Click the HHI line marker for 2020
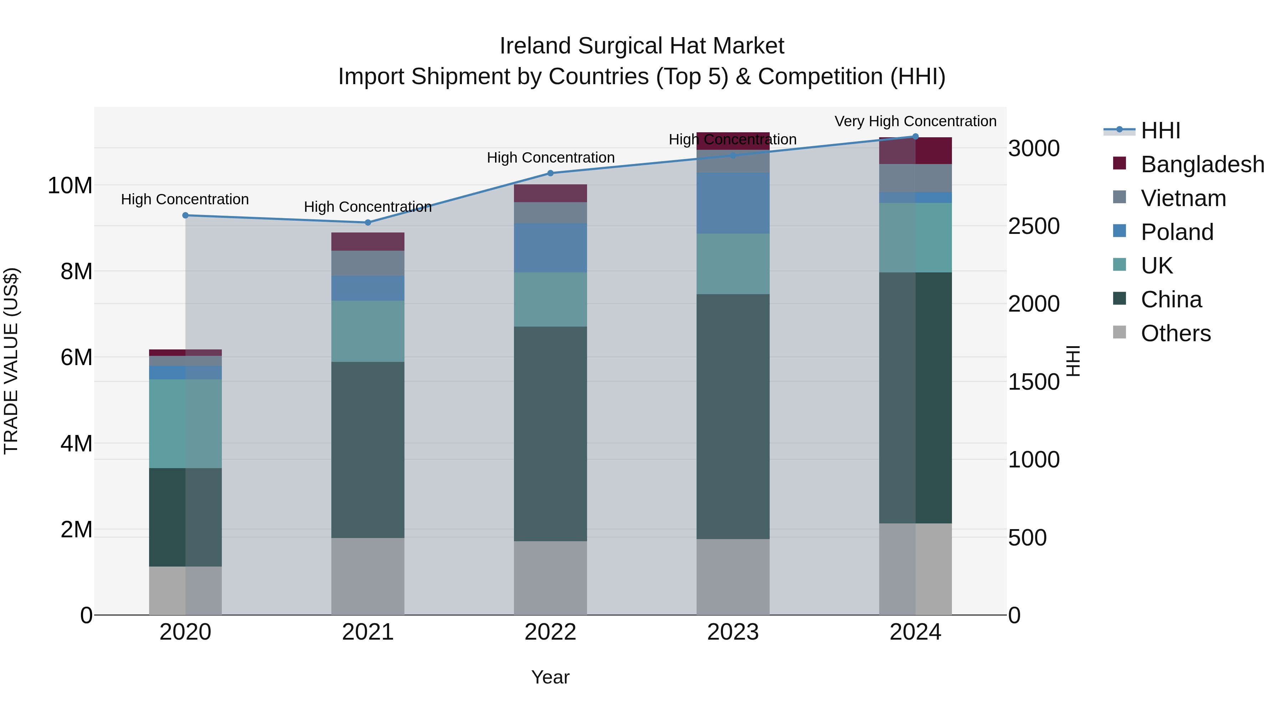point(185,215)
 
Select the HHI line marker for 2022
point(550,173)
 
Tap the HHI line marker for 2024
point(915,136)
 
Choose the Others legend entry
point(1175,333)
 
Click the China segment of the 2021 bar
point(368,450)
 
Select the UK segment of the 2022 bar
point(550,299)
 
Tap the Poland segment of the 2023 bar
point(733,203)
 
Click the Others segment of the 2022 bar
point(550,578)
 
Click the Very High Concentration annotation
point(915,121)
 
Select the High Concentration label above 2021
point(368,207)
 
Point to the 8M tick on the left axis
point(76,272)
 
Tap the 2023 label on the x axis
point(733,632)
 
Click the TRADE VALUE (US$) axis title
point(11,361)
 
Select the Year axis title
point(550,677)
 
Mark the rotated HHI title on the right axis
point(1072,361)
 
